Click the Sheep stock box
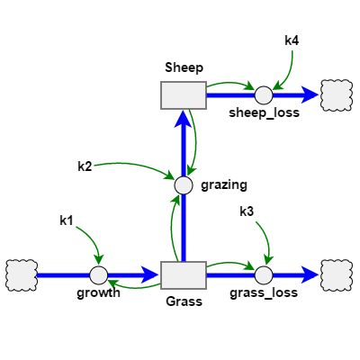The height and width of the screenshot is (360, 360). pos(184,94)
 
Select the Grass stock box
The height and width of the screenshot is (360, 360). pos(184,274)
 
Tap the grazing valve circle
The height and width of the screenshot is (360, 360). pos(184,184)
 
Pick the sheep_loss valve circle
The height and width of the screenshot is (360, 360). pos(264,94)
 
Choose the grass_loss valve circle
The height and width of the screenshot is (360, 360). pos(264,274)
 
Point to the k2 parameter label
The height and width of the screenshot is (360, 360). pos(85,166)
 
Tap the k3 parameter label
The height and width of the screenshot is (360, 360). pos(247,211)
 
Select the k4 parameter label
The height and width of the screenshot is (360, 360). pos(292,40)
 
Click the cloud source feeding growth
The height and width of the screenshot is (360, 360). pos(20,274)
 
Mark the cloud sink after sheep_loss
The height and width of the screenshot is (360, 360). pos(337,94)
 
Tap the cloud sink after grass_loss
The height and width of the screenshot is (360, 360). pos(337,274)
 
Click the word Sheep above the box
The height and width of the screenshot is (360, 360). pos(184,67)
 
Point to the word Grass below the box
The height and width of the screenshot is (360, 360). pos(184,301)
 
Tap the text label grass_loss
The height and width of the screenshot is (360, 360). pos(264,292)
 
